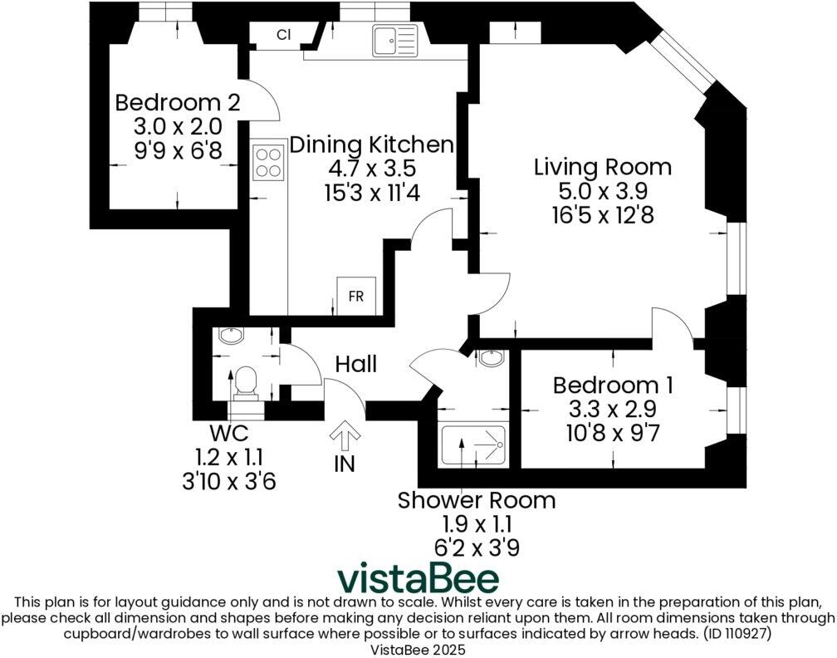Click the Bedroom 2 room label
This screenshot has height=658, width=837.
tap(178, 102)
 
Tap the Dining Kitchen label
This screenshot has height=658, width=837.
tap(371, 145)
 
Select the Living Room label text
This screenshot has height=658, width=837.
tap(603, 167)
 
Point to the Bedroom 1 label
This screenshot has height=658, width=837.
tap(613, 385)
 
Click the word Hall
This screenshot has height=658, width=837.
tap(356, 364)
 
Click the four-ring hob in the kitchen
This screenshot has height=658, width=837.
tap(268, 162)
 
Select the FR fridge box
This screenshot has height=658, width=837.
tap(356, 296)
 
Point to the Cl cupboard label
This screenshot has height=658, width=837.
tap(284, 35)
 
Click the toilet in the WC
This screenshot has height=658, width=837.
tap(246, 383)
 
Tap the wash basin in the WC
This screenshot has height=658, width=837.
tap(231, 336)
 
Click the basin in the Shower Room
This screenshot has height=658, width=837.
tap(491, 358)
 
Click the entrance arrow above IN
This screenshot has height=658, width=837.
tap(345, 436)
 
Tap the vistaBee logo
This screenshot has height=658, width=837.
tap(418, 578)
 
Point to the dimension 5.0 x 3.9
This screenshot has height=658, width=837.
tap(603, 191)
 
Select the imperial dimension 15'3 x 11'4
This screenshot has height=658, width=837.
tap(372, 192)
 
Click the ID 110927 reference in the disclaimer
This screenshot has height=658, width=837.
tap(737, 634)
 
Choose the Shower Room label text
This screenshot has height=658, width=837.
tap(477, 500)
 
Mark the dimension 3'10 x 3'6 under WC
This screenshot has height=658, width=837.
tap(229, 482)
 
